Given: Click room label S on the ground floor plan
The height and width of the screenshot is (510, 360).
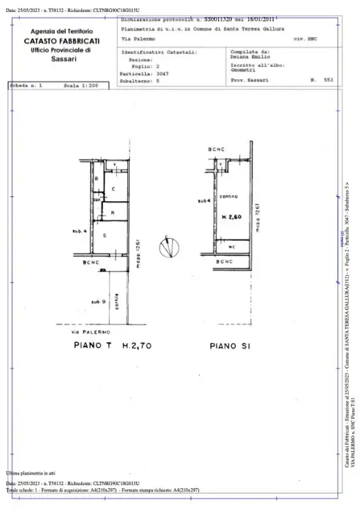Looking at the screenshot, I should click(x=105, y=234).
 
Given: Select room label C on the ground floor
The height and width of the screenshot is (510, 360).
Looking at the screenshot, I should click(x=113, y=189).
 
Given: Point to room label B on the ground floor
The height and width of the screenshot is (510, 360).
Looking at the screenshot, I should click(x=96, y=178).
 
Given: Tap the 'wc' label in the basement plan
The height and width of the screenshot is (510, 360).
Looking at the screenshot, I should click(x=232, y=246).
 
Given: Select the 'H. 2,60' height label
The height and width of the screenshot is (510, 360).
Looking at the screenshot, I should click(x=231, y=217).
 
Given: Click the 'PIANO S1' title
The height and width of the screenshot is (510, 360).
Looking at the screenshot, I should click(x=228, y=346).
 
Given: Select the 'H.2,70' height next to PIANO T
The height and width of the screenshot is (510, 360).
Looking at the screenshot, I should click(x=132, y=346).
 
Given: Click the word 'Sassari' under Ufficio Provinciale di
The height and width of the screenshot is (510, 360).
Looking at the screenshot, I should click(x=65, y=59).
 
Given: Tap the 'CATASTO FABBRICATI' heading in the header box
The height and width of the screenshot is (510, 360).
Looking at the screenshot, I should click(x=65, y=42).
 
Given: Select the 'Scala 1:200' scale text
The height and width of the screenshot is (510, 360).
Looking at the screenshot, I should click(x=80, y=86).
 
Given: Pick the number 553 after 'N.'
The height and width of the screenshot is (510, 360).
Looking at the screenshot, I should click(x=328, y=81).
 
